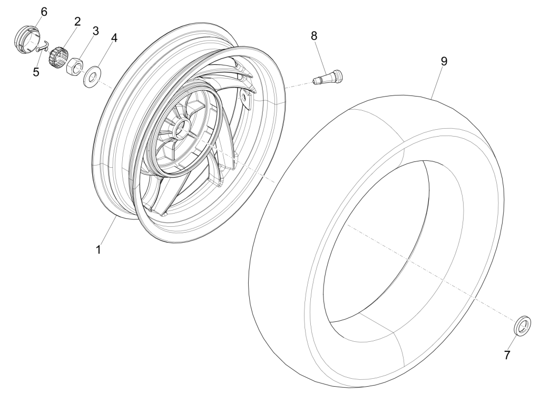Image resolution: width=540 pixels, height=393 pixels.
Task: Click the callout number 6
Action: click(44, 12)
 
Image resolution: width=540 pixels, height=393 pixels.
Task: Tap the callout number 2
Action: click(77, 22)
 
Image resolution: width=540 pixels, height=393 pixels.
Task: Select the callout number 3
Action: click(95, 31)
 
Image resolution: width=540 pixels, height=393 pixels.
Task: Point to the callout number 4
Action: click(114, 38)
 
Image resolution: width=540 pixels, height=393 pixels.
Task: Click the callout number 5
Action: click(36, 72)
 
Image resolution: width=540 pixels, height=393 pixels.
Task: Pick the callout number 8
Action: click(314, 35)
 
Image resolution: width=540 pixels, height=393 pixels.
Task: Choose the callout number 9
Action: click(444, 61)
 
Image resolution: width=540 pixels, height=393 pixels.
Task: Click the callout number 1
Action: click(99, 250)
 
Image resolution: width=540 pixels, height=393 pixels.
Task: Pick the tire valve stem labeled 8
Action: click(328, 76)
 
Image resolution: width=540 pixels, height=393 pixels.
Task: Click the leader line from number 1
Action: click(107, 230)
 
